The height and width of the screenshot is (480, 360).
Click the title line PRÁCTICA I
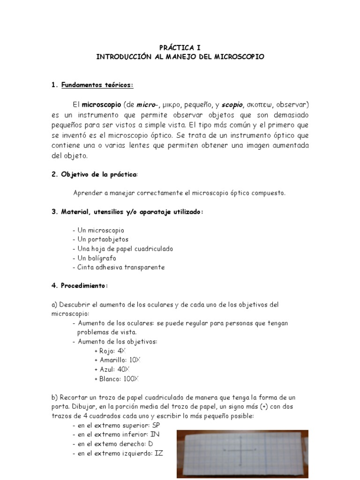tap(180, 47)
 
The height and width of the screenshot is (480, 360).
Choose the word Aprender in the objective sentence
tap(88, 193)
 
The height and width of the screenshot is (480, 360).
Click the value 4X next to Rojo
tap(122, 351)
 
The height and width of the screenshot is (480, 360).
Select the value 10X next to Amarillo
tap(135, 360)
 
